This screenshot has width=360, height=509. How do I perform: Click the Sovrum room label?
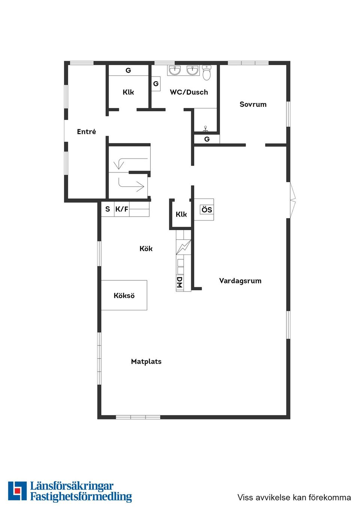click(253, 104)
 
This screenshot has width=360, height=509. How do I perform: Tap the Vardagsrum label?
click(240, 281)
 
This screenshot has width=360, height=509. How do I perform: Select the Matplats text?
click(146, 361)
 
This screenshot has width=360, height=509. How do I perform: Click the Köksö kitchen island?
click(124, 295)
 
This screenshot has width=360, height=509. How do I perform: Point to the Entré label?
click(86, 132)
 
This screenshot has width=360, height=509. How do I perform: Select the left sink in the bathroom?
click(174, 70)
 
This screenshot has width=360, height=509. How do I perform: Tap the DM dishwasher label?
click(180, 282)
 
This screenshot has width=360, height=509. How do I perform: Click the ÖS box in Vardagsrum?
click(207, 210)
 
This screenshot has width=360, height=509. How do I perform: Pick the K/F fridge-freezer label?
click(121, 209)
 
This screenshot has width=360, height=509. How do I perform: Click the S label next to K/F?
click(108, 209)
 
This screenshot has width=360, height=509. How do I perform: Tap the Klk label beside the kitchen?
click(181, 214)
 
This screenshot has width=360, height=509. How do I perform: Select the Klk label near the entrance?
click(128, 92)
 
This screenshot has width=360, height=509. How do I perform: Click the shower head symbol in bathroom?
click(205, 129)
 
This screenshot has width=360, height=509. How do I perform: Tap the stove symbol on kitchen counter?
click(183, 247)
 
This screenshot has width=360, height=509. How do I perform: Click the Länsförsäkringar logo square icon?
click(17, 491)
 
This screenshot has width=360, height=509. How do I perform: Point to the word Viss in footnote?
click(245, 497)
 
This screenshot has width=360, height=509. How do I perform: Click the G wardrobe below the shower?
click(207, 139)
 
